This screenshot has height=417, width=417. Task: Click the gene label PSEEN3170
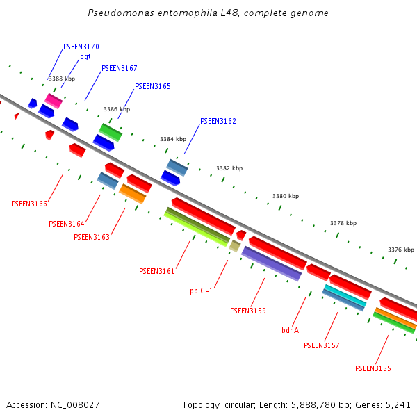pos(81,47)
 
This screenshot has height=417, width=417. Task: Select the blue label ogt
pos(85,57)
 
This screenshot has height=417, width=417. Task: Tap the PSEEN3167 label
pos(120,68)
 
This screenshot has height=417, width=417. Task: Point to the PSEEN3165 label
pos(152,86)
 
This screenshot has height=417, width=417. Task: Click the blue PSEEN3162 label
pos(218,121)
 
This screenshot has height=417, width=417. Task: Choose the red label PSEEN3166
pos(29,204)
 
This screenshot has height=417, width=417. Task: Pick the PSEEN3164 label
pos(67,224)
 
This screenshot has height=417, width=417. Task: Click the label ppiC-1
pos(201,291)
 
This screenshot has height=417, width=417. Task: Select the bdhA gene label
pos(290,330)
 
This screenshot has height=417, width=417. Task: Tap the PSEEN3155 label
pos(373,368)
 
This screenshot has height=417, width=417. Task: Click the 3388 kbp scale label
pos(62,79)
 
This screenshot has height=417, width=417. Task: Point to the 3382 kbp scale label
pos(229,168)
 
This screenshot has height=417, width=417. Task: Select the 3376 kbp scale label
pos(401,250)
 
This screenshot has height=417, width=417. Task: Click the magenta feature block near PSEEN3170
pos(54,101)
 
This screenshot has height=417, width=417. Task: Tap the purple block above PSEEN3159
pos(271,263)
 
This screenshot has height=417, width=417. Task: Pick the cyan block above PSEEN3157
pos(345,295)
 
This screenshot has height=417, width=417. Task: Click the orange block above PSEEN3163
pos(132,193)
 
